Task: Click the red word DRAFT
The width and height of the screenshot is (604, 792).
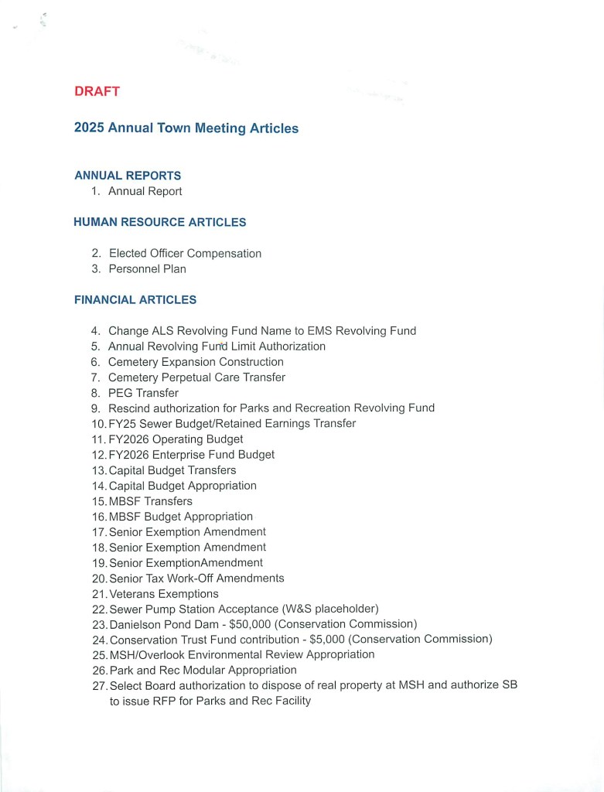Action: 97,91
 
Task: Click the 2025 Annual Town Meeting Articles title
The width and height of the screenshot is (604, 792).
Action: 186,128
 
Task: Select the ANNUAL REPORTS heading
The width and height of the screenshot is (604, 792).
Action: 128,176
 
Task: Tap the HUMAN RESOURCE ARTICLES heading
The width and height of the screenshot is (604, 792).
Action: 159,222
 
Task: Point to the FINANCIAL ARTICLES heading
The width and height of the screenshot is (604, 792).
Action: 135,299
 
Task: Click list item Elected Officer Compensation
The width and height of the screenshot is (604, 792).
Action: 185,254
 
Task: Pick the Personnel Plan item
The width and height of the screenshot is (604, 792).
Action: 147,269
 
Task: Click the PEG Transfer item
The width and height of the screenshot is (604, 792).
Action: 143,393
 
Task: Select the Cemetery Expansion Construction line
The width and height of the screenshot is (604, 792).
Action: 196,362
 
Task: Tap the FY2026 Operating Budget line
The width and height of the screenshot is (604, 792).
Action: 176,439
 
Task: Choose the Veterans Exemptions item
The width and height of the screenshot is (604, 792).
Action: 163,594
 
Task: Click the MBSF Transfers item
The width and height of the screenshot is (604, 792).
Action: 150,501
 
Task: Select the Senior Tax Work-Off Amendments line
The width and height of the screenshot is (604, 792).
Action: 196,579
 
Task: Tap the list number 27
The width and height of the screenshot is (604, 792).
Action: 99,686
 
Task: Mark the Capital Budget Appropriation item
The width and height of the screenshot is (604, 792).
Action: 183,486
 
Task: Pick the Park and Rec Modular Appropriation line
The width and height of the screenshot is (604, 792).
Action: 203,671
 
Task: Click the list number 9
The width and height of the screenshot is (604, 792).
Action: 95,408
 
